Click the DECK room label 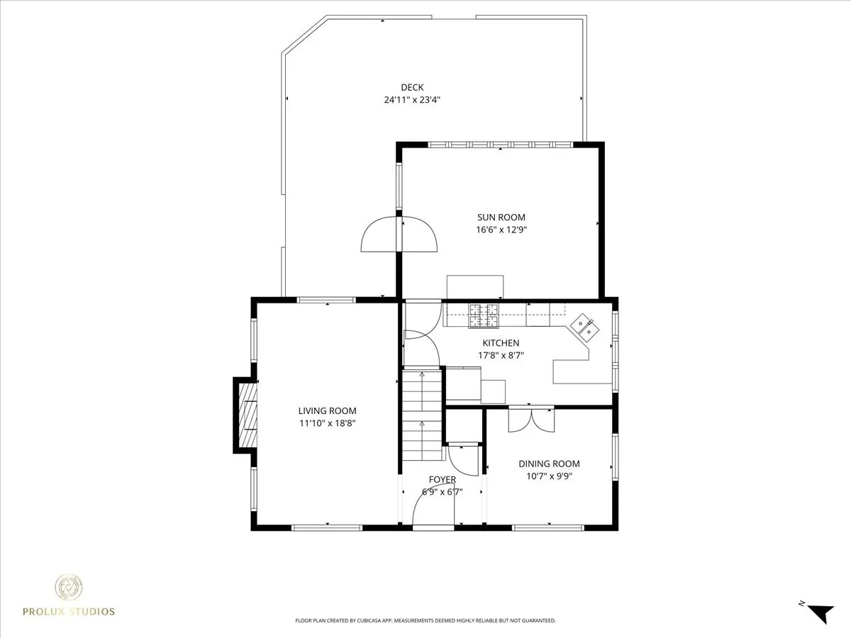pyautogui.click(x=412, y=87)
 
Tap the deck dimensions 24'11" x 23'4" pyautogui.click(x=412, y=100)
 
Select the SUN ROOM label pyautogui.click(x=501, y=218)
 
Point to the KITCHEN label pyautogui.click(x=501, y=343)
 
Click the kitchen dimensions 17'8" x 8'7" pyautogui.click(x=501, y=355)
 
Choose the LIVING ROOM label pyautogui.click(x=327, y=410)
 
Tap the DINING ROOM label pyautogui.click(x=550, y=464)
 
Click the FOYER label pyautogui.click(x=443, y=480)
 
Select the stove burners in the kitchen pyautogui.click(x=484, y=315)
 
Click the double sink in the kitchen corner pyautogui.click(x=584, y=328)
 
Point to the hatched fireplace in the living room pyautogui.click(x=247, y=415)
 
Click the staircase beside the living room pyautogui.click(x=422, y=415)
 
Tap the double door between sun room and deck pyautogui.click(x=399, y=235)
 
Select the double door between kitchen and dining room pyautogui.click(x=532, y=419)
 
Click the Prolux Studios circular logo pyautogui.click(x=69, y=587)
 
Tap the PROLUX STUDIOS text pyautogui.click(x=69, y=612)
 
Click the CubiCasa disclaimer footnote pyautogui.click(x=425, y=620)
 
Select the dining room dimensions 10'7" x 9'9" pyautogui.click(x=550, y=476)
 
